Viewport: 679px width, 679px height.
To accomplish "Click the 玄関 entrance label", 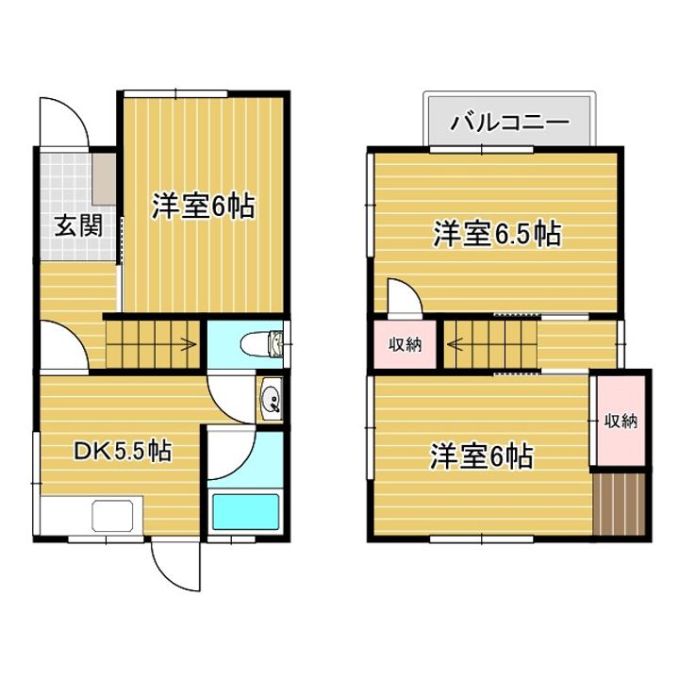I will pyautogui.click(x=77, y=226).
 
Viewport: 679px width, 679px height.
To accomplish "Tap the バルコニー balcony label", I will pyautogui.click(x=509, y=122).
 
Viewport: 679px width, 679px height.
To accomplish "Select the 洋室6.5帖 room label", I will pyautogui.click(x=497, y=233).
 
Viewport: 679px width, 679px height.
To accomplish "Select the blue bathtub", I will pyautogui.click(x=244, y=512).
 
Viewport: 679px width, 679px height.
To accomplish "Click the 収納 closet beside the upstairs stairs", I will pyautogui.click(x=405, y=344).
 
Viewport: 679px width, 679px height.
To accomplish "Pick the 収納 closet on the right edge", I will pyautogui.click(x=621, y=420).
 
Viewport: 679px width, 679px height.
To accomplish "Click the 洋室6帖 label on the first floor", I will pyautogui.click(x=203, y=207).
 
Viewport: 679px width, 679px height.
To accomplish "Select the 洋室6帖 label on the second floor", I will pyautogui.click(x=482, y=457).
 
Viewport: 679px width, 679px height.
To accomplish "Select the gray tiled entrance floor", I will pyautogui.click(x=66, y=189).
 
